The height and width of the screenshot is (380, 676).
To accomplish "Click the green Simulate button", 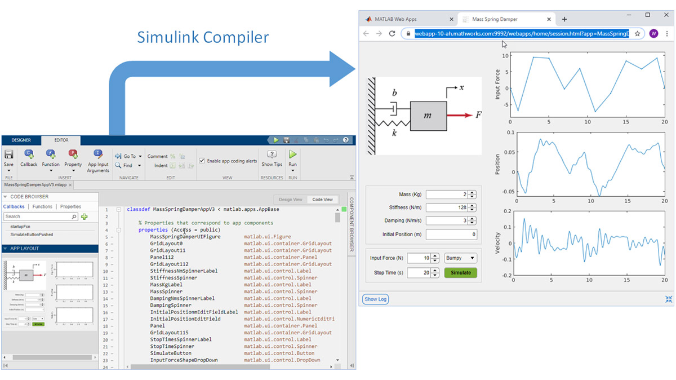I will coord(460,273).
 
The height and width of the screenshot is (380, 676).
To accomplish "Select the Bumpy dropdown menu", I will coord(460,258).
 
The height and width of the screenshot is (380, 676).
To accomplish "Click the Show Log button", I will coord(375,299).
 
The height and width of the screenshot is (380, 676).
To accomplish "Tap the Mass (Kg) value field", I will coord(447,195).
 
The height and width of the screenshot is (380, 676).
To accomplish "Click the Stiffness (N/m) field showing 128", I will coord(447,208).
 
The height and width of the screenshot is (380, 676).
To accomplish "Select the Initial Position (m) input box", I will coord(451,235).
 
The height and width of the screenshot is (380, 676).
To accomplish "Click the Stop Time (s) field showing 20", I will coord(419,273).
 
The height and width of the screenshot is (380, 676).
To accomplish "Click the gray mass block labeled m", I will coord(428,116).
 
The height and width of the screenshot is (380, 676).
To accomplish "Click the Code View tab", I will coord(322,200).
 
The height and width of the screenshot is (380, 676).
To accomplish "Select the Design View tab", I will coord(290,200).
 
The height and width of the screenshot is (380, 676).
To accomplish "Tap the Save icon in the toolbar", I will coord(8,156).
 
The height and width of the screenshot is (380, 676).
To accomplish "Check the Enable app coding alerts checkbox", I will coord(202,161).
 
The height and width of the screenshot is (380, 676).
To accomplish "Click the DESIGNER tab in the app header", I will coord(21,140).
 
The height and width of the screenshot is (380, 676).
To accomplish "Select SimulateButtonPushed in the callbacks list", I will coord(32,234).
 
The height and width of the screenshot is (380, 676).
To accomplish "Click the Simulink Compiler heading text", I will coord(203,38).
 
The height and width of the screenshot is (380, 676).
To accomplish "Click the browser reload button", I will coord(392,34).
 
